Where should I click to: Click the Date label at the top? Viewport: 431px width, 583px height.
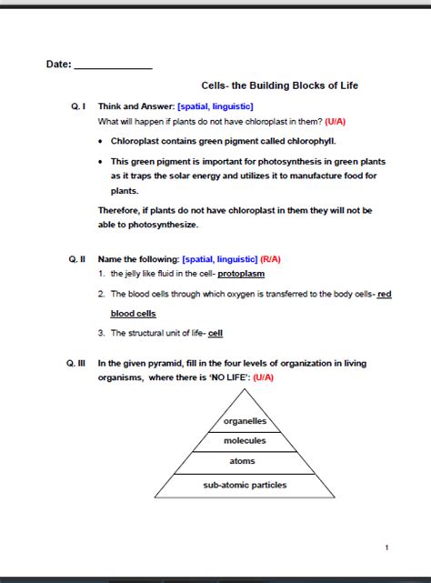[58, 65]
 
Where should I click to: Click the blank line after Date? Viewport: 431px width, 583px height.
[113, 67]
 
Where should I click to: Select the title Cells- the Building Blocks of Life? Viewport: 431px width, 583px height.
[279, 85]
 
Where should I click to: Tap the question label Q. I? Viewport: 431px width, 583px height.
[78, 106]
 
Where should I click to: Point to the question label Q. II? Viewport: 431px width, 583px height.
[77, 258]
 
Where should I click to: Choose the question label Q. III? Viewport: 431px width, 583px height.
[76, 363]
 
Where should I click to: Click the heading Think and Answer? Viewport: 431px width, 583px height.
[136, 106]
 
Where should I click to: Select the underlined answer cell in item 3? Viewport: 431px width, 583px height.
[215, 333]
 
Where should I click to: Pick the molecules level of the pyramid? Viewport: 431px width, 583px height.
[245, 440]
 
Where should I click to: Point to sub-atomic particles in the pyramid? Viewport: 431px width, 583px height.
[245, 485]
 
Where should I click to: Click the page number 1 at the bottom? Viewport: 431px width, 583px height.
[386, 547]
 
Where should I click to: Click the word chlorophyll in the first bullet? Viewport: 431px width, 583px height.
[312, 141]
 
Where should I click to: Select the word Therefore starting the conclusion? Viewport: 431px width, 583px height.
[120, 210]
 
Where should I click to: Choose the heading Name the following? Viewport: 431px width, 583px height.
[138, 258]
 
